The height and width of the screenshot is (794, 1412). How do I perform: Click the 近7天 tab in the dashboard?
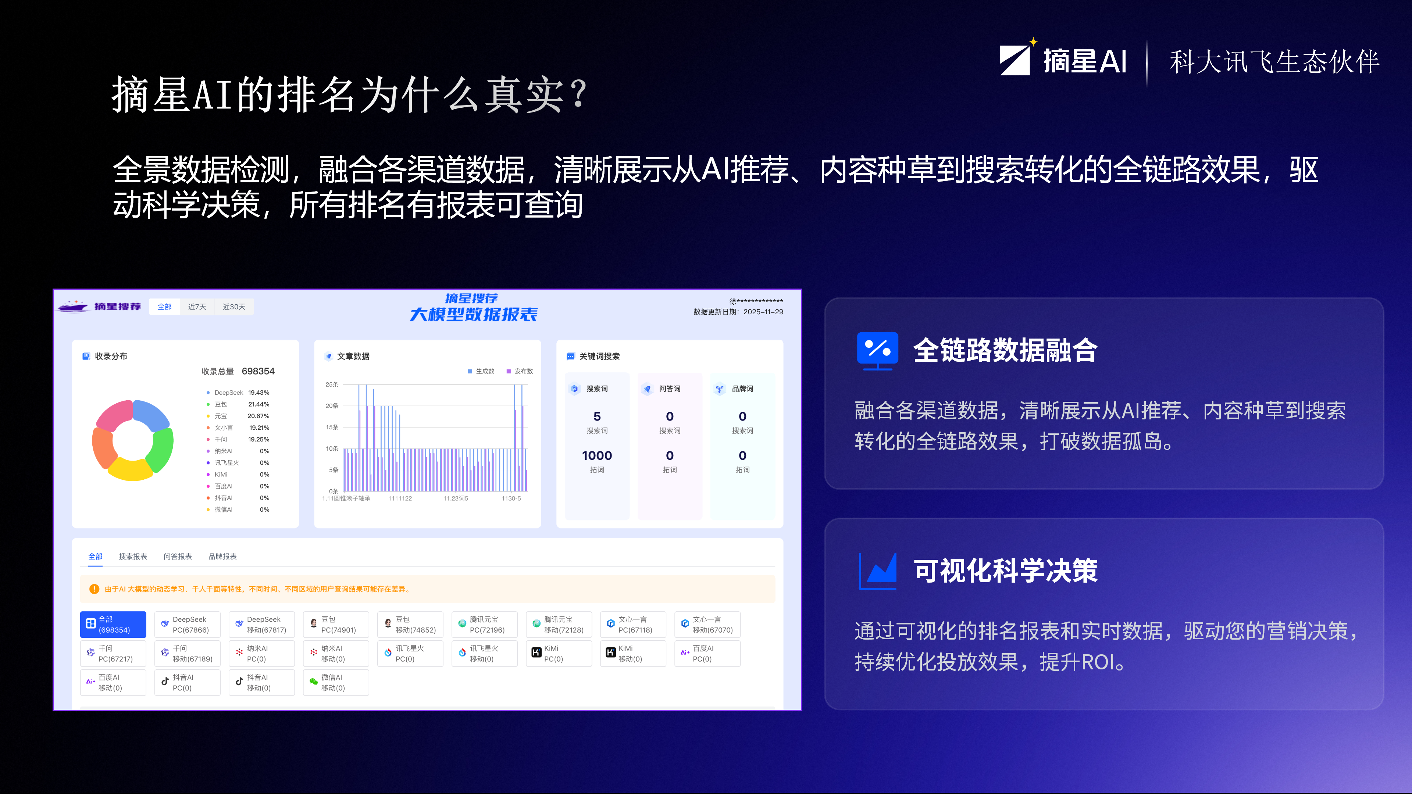coord(197,307)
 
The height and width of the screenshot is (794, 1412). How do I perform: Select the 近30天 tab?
coord(233,307)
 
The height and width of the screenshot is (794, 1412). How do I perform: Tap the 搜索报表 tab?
coord(133,556)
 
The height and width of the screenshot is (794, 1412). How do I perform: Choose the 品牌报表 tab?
coord(222,556)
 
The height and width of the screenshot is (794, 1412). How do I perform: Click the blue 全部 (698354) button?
coord(113,624)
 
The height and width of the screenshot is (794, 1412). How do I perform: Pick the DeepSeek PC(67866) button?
coord(188,624)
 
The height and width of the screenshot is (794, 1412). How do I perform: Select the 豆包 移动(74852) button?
coord(410,624)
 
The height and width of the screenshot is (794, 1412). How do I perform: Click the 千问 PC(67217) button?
coord(113,653)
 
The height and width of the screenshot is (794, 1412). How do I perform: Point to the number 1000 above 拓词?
coord(597,455)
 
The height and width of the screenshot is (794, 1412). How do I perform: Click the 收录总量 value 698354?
coord(258,371)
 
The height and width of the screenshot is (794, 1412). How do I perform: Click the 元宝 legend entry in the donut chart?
coord(220,416)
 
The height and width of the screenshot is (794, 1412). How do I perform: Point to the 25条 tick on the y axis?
coord(332,384)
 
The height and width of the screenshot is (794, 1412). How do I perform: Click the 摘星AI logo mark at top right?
coord(1015,59)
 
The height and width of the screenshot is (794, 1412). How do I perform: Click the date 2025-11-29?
coord(763,312)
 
